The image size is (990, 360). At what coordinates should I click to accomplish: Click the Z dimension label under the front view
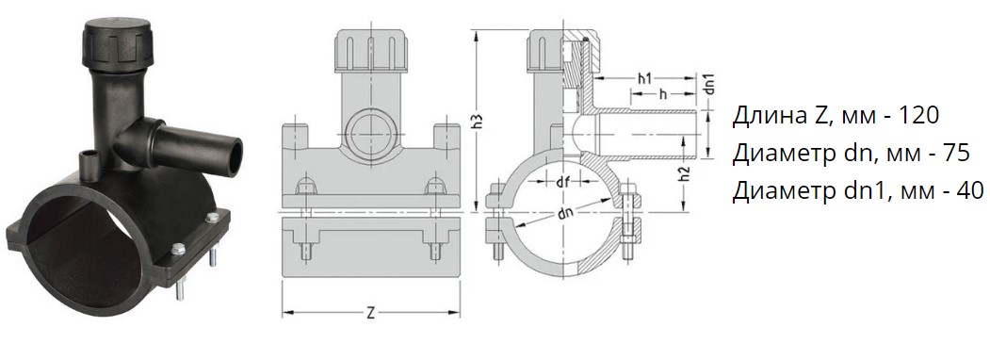370,313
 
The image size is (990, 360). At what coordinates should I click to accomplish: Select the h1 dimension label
644,79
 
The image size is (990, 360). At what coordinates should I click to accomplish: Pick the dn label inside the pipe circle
566,214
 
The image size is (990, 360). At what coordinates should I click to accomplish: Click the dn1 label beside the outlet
709,85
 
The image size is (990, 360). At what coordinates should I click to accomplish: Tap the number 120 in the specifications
919,116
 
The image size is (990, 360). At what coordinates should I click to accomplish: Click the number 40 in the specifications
970,189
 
